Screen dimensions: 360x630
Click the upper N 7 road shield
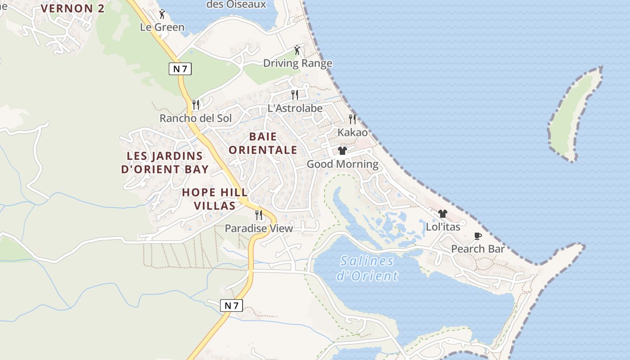click(180, 69)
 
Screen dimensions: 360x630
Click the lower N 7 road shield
click(232, 306)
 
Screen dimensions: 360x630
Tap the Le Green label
click(162, 27)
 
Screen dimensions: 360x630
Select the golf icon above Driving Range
click(297, 50)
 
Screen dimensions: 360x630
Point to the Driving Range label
click(297, 63)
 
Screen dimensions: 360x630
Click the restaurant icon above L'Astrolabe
click(295, 94)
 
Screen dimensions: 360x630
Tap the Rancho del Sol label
click(196, 118)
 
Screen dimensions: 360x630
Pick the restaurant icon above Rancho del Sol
click(196, 105)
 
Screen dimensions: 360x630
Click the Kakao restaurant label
click(352, 132)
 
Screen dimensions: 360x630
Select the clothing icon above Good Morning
click(342, 151)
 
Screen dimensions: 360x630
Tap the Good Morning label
click(342, 164)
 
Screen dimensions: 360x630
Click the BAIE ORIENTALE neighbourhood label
click(263, 143)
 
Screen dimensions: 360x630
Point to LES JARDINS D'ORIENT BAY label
click(165, 162)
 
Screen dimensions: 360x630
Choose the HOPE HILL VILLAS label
click(215, 199)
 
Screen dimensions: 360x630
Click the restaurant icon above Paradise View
click(259, 215)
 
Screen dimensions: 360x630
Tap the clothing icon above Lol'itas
click(443, 214)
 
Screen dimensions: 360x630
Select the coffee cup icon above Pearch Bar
click(477, 236)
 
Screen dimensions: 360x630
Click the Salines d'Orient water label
click(368, 268)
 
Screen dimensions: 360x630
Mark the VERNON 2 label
click(72, 9)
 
